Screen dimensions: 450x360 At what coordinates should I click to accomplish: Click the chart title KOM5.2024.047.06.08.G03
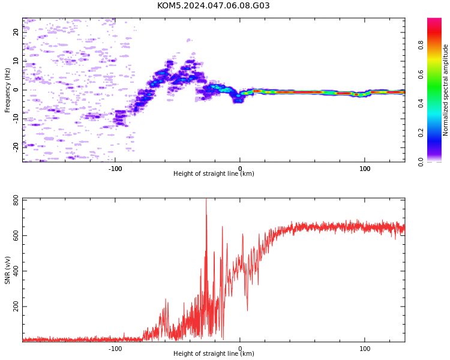click(x=213, y=5)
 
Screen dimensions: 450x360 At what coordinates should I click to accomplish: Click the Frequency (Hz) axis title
click(x=7, y=90)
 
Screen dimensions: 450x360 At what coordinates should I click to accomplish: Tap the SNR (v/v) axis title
click(x=7, y=270)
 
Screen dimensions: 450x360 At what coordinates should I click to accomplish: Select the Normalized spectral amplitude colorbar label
click(x=445, y=90)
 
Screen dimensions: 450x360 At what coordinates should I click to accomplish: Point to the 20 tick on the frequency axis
click(x=16, y=32)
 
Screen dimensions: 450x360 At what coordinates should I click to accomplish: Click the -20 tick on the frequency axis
click(x=16, y=148)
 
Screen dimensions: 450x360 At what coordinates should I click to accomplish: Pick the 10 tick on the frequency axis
click(x=16, y=61)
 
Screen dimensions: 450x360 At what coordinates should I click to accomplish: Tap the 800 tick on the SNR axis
click(x=16, y=200)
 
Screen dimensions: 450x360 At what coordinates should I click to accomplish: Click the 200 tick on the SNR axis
click(x=16, y=307)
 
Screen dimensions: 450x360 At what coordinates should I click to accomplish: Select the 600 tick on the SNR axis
click(x=16, y=236)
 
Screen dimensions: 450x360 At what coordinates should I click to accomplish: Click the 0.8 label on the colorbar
click(x=421, y=45)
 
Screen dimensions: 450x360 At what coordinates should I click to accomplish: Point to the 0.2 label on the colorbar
click(x=421, y=133)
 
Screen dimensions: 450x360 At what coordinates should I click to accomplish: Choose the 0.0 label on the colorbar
click(x=421, y=162)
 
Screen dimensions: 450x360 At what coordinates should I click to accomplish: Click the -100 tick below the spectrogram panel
click(x=115, y=169)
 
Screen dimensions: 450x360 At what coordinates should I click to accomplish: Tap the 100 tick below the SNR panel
click(x=365, y=349)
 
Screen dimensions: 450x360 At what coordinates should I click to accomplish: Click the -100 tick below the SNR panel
click(x=115, y=349)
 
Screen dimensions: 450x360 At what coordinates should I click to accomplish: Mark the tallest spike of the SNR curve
click(x=206, y=199)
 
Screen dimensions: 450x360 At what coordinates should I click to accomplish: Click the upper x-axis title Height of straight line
click(x=214, y=173)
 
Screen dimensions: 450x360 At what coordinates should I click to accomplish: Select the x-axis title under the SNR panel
click(x=214, y=353)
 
